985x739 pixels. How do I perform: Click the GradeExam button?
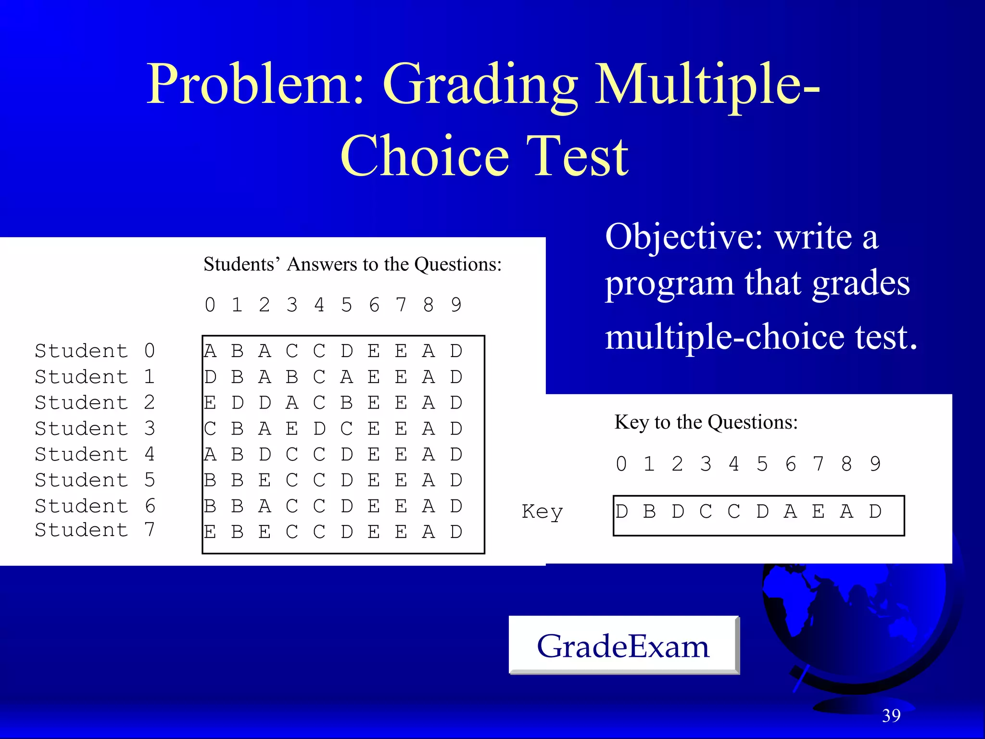[623, 646]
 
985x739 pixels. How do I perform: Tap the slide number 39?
[891, 716]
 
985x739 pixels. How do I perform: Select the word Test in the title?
[577, 156]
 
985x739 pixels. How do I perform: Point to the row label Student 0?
[95, 351]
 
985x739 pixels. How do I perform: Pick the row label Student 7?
[95, 530]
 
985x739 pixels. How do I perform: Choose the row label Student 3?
[95, 428]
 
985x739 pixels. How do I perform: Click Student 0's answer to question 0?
[210, 351]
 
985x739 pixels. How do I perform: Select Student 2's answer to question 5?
[347, 403]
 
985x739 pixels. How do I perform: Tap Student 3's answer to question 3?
[292, 428]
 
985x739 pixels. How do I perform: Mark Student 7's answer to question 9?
[456, 532]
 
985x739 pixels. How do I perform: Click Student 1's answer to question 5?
[347, 377]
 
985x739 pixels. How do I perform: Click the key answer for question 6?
[790, 511]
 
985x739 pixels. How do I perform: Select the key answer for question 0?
[621, 511]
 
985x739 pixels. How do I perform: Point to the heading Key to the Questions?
[706, 422]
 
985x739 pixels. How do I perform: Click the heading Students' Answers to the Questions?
[353, 264]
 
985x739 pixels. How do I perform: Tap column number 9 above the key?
[875, 464]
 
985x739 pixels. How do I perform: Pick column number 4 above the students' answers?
[319, 305]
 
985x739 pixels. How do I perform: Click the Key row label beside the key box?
[542, 512]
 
